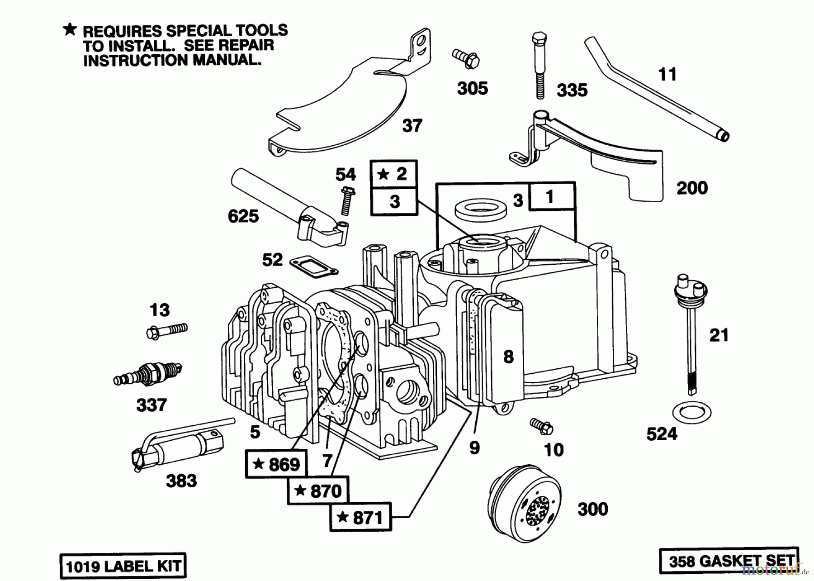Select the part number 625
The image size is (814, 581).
243,216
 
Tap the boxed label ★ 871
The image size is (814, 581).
361,517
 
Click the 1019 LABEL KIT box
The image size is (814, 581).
123,566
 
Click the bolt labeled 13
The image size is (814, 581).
167,330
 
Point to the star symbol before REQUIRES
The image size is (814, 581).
70,30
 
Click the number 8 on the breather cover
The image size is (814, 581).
508,357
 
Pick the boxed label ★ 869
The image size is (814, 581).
276,464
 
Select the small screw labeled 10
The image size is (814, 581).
542,425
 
